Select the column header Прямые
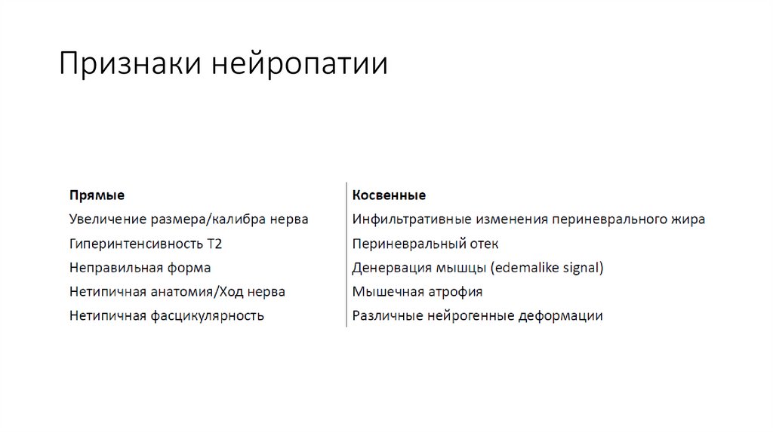coord(97,195)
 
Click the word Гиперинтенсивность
coord(135,244)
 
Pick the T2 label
coord(215,244)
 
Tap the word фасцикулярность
coord(206,316)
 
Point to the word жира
coord(688,220)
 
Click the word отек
coord(482,244)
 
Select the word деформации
coord(560,316)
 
